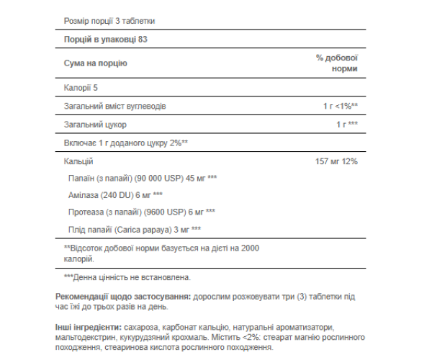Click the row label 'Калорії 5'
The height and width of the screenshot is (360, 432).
[x=81, y=87]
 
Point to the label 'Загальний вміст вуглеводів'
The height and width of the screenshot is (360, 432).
[x=115, y=106]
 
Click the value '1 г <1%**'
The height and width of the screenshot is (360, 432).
[x=340, y=106]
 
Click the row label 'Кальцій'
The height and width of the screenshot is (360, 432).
[x=78, y=161]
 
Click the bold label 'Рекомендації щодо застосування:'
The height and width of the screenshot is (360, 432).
[x=123, y=297]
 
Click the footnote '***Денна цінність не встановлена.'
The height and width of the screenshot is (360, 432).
[x=126, y=276]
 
